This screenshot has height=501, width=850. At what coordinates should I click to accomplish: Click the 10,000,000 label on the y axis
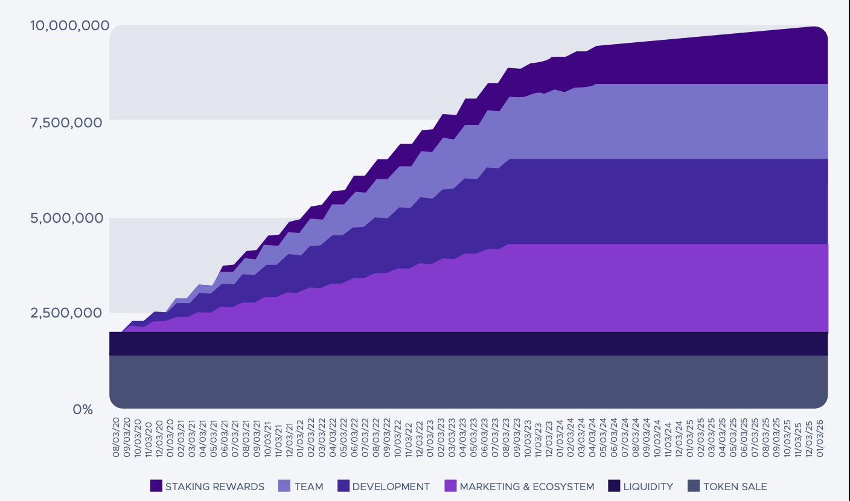click(70, 25)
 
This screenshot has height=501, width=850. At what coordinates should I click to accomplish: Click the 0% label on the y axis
click(83, 409)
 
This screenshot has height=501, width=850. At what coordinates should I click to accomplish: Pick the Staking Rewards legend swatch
click(156, 486)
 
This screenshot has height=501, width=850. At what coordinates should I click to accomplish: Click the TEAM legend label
click(308, 487)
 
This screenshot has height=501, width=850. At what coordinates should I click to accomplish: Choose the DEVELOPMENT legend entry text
click(391, 487)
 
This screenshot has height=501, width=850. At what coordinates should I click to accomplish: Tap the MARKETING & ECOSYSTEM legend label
click(526, 487)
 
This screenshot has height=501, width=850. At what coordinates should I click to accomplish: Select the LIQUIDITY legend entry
click(648, 487)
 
